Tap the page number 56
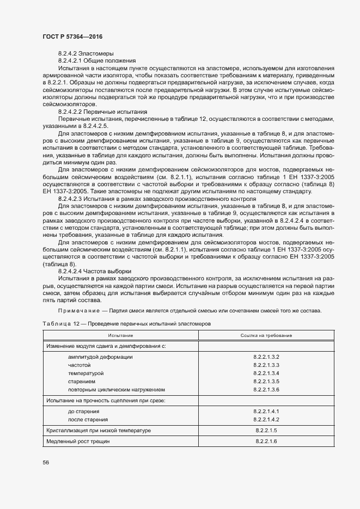pos(46,462)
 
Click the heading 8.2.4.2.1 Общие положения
pos(97,60)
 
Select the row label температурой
pos(86,373)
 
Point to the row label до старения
pos(83,412)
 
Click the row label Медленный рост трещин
pos(78,441)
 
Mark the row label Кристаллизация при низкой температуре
pos(99,431)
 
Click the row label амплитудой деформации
pos(100,357)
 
